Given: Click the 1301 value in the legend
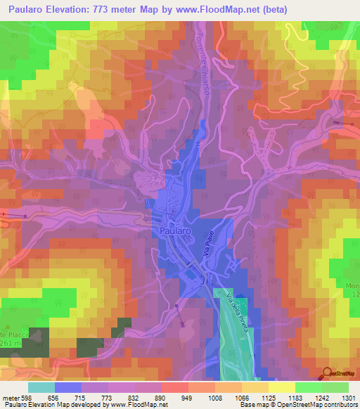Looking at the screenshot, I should point(347,397).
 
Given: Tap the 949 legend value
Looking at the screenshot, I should point(188,397).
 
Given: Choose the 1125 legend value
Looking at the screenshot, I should point(268,397).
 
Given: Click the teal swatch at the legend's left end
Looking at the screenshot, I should point(41,387).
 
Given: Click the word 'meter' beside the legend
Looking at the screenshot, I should point(10,397).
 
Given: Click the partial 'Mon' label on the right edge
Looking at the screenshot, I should point(352,286).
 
